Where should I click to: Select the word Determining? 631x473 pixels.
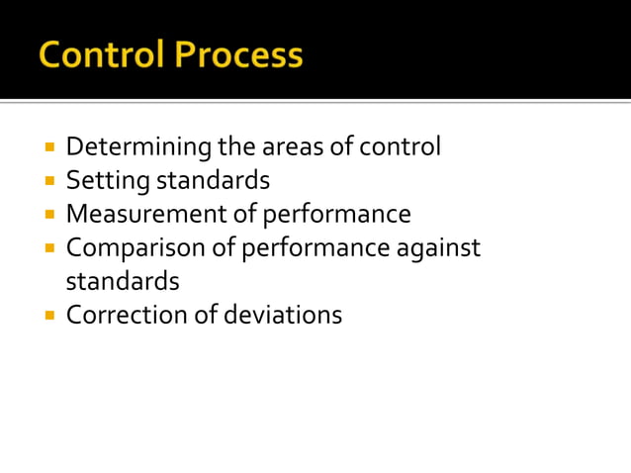click(138, 147)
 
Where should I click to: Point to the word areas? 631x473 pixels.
click(298, 147)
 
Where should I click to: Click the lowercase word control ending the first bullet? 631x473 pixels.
click(400, 147)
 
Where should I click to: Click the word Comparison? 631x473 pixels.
click(136, 247)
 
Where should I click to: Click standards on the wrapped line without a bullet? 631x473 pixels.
click(123, 281)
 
